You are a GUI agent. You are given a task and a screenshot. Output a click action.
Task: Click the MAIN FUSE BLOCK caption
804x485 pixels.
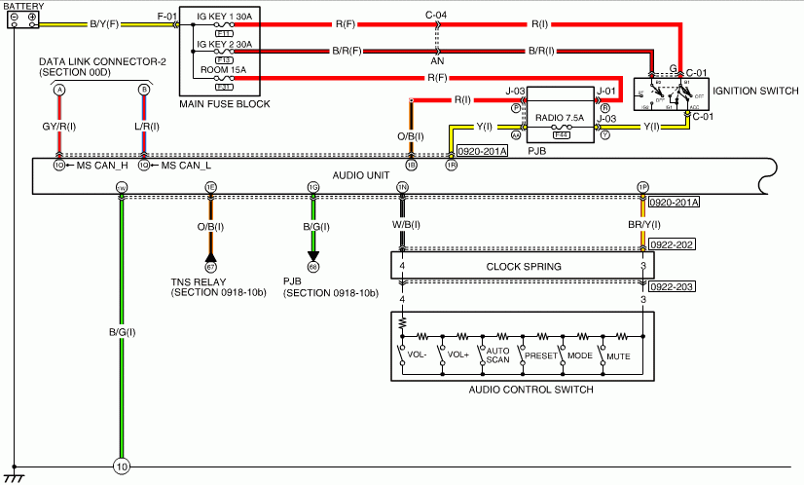pyautogui.click(x=225, y=104)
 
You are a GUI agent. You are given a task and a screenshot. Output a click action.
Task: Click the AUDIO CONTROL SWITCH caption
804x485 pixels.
pyautogui.click(x=530, y=390)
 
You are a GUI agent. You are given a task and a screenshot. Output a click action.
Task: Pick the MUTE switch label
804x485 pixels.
pyautogui.click(x=618, y=356)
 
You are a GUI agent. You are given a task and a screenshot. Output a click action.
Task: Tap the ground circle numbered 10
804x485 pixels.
pyautogui.click(x=121, y=466)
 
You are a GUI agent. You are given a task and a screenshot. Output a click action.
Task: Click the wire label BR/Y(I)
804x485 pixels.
pyautogui.click(x=643, y=226)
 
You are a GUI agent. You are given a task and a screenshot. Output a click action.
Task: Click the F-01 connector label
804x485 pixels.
pyautogui.click(x=168, y=17)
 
